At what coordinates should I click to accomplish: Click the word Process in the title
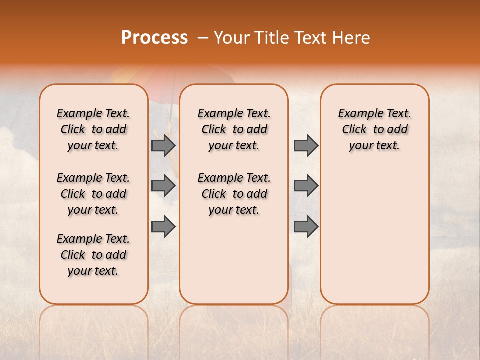[x=154, y=38]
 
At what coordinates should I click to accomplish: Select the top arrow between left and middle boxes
[x=163, y=145]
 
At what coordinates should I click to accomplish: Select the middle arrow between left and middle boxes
[x=163, y=186]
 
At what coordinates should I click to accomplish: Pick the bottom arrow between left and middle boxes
[x=163, y=226]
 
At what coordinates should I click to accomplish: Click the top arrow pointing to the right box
[x=306, y=145]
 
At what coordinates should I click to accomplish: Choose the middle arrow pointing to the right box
[x=306, y=186]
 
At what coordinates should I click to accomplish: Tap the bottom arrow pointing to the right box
[x=306, y=226]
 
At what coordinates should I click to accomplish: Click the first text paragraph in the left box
[x=93, y=129]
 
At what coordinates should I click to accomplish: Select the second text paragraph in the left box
[x=93, y=194]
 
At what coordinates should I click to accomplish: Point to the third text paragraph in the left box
[x=93, y=255]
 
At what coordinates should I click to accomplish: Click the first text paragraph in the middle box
[x=234, y=129]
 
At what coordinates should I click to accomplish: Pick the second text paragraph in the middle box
[x=234, y=194]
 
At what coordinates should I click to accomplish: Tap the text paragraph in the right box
[x=375, y=129]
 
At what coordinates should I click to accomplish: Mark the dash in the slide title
[x=202, y=38]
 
